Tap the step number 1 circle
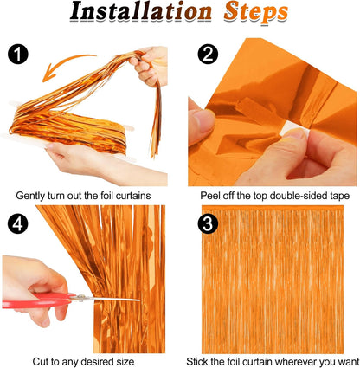[19, 54]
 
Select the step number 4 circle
[19, 221]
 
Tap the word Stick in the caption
[202, 358]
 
